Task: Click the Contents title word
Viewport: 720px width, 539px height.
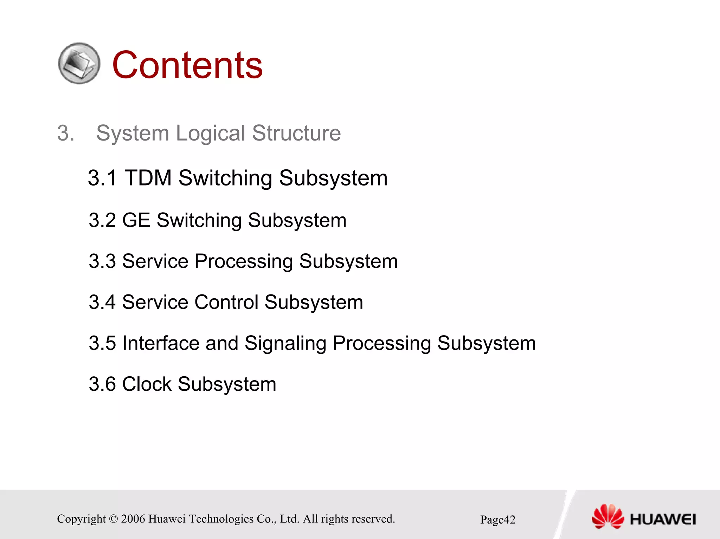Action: (187, 65)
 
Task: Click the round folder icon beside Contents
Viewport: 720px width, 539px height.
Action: (79, 64)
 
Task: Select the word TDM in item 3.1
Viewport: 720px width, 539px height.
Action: (148, 178)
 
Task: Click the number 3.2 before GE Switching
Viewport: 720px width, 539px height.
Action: (102, 220)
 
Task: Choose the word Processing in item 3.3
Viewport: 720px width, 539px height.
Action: (243, 261)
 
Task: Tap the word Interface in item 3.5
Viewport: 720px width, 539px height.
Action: (161, 343)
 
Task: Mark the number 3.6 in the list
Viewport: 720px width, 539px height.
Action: (102, 384)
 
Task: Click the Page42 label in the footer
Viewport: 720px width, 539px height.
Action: (497, 520)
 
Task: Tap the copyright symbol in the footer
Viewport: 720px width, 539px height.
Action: (113, 519)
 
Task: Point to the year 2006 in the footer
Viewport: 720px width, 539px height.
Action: (133, 519)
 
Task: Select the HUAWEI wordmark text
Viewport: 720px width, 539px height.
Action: (663, 519)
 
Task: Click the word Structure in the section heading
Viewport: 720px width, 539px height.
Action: (296, 133)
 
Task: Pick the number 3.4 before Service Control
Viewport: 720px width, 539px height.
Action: (102, 302)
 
